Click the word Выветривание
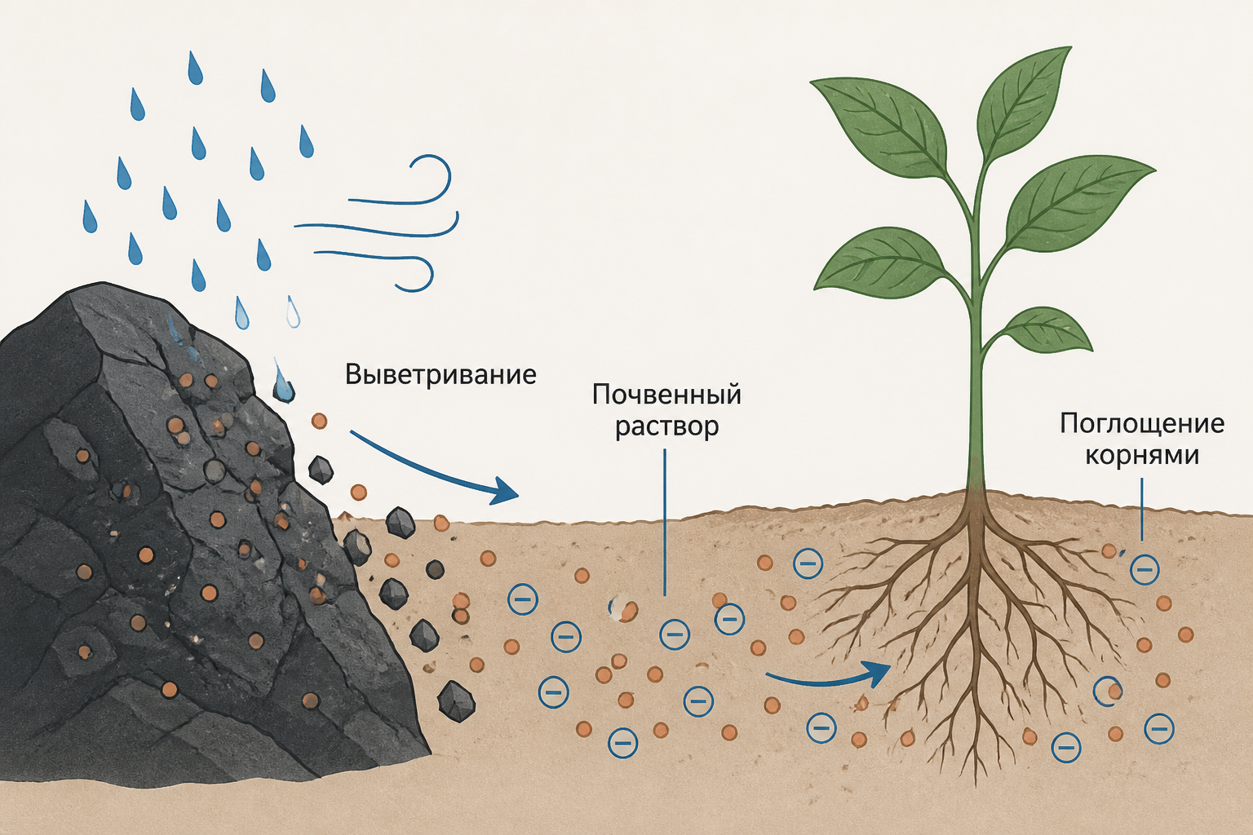[x=441, y=374]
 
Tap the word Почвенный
[x=666, y=395]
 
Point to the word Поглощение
[x=1142, y=425]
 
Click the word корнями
[x=1142, y=455]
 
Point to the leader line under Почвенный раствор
[x=665, y=523]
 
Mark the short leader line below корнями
[x=1141, y=509]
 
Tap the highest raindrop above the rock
[x=195, y=68]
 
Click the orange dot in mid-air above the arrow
[x=319, y=421]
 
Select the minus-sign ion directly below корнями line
[x=1145, y=570]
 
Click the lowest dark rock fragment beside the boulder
[x=457, y=700]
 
